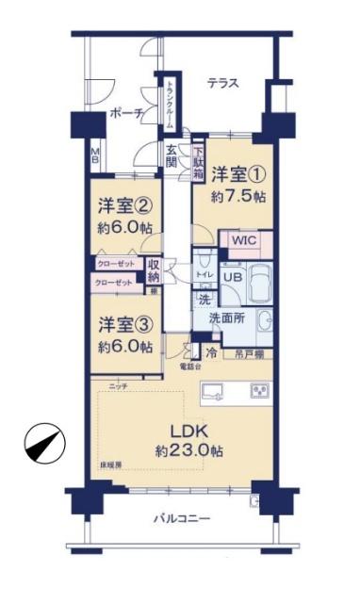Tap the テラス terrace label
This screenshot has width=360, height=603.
[x=224, y=84]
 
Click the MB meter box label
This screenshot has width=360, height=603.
[x=94, y=153]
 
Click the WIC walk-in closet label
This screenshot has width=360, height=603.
[x=245, y=241]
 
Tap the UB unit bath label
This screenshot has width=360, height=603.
[x=232, y=277]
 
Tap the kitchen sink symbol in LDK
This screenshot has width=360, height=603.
[x=212, y=390]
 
